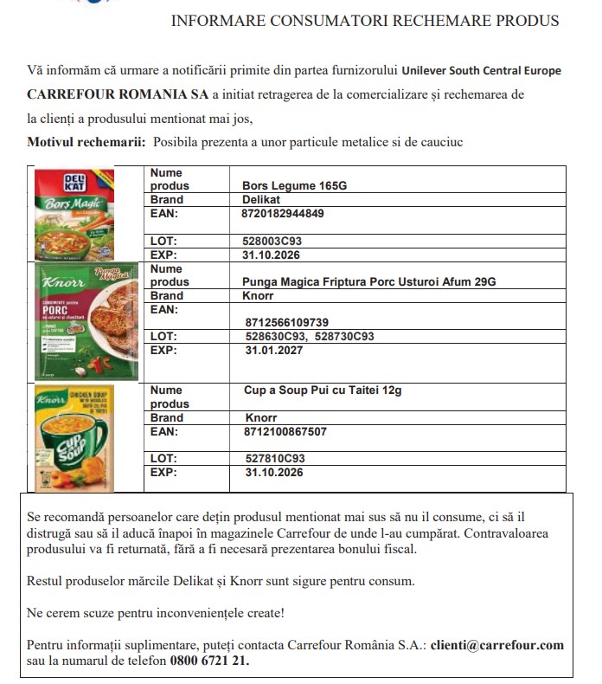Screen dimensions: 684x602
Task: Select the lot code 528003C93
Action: (272, 241)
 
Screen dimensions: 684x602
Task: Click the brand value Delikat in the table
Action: (262, 199)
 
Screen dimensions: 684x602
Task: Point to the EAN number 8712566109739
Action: (287, 322)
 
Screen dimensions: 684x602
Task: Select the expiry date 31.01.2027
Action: (274, 351)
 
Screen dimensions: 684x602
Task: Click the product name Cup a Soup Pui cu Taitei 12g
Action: (323, 390)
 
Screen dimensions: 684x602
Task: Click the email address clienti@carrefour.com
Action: (497, 645)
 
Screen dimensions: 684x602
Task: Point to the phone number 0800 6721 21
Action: (212, 661)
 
